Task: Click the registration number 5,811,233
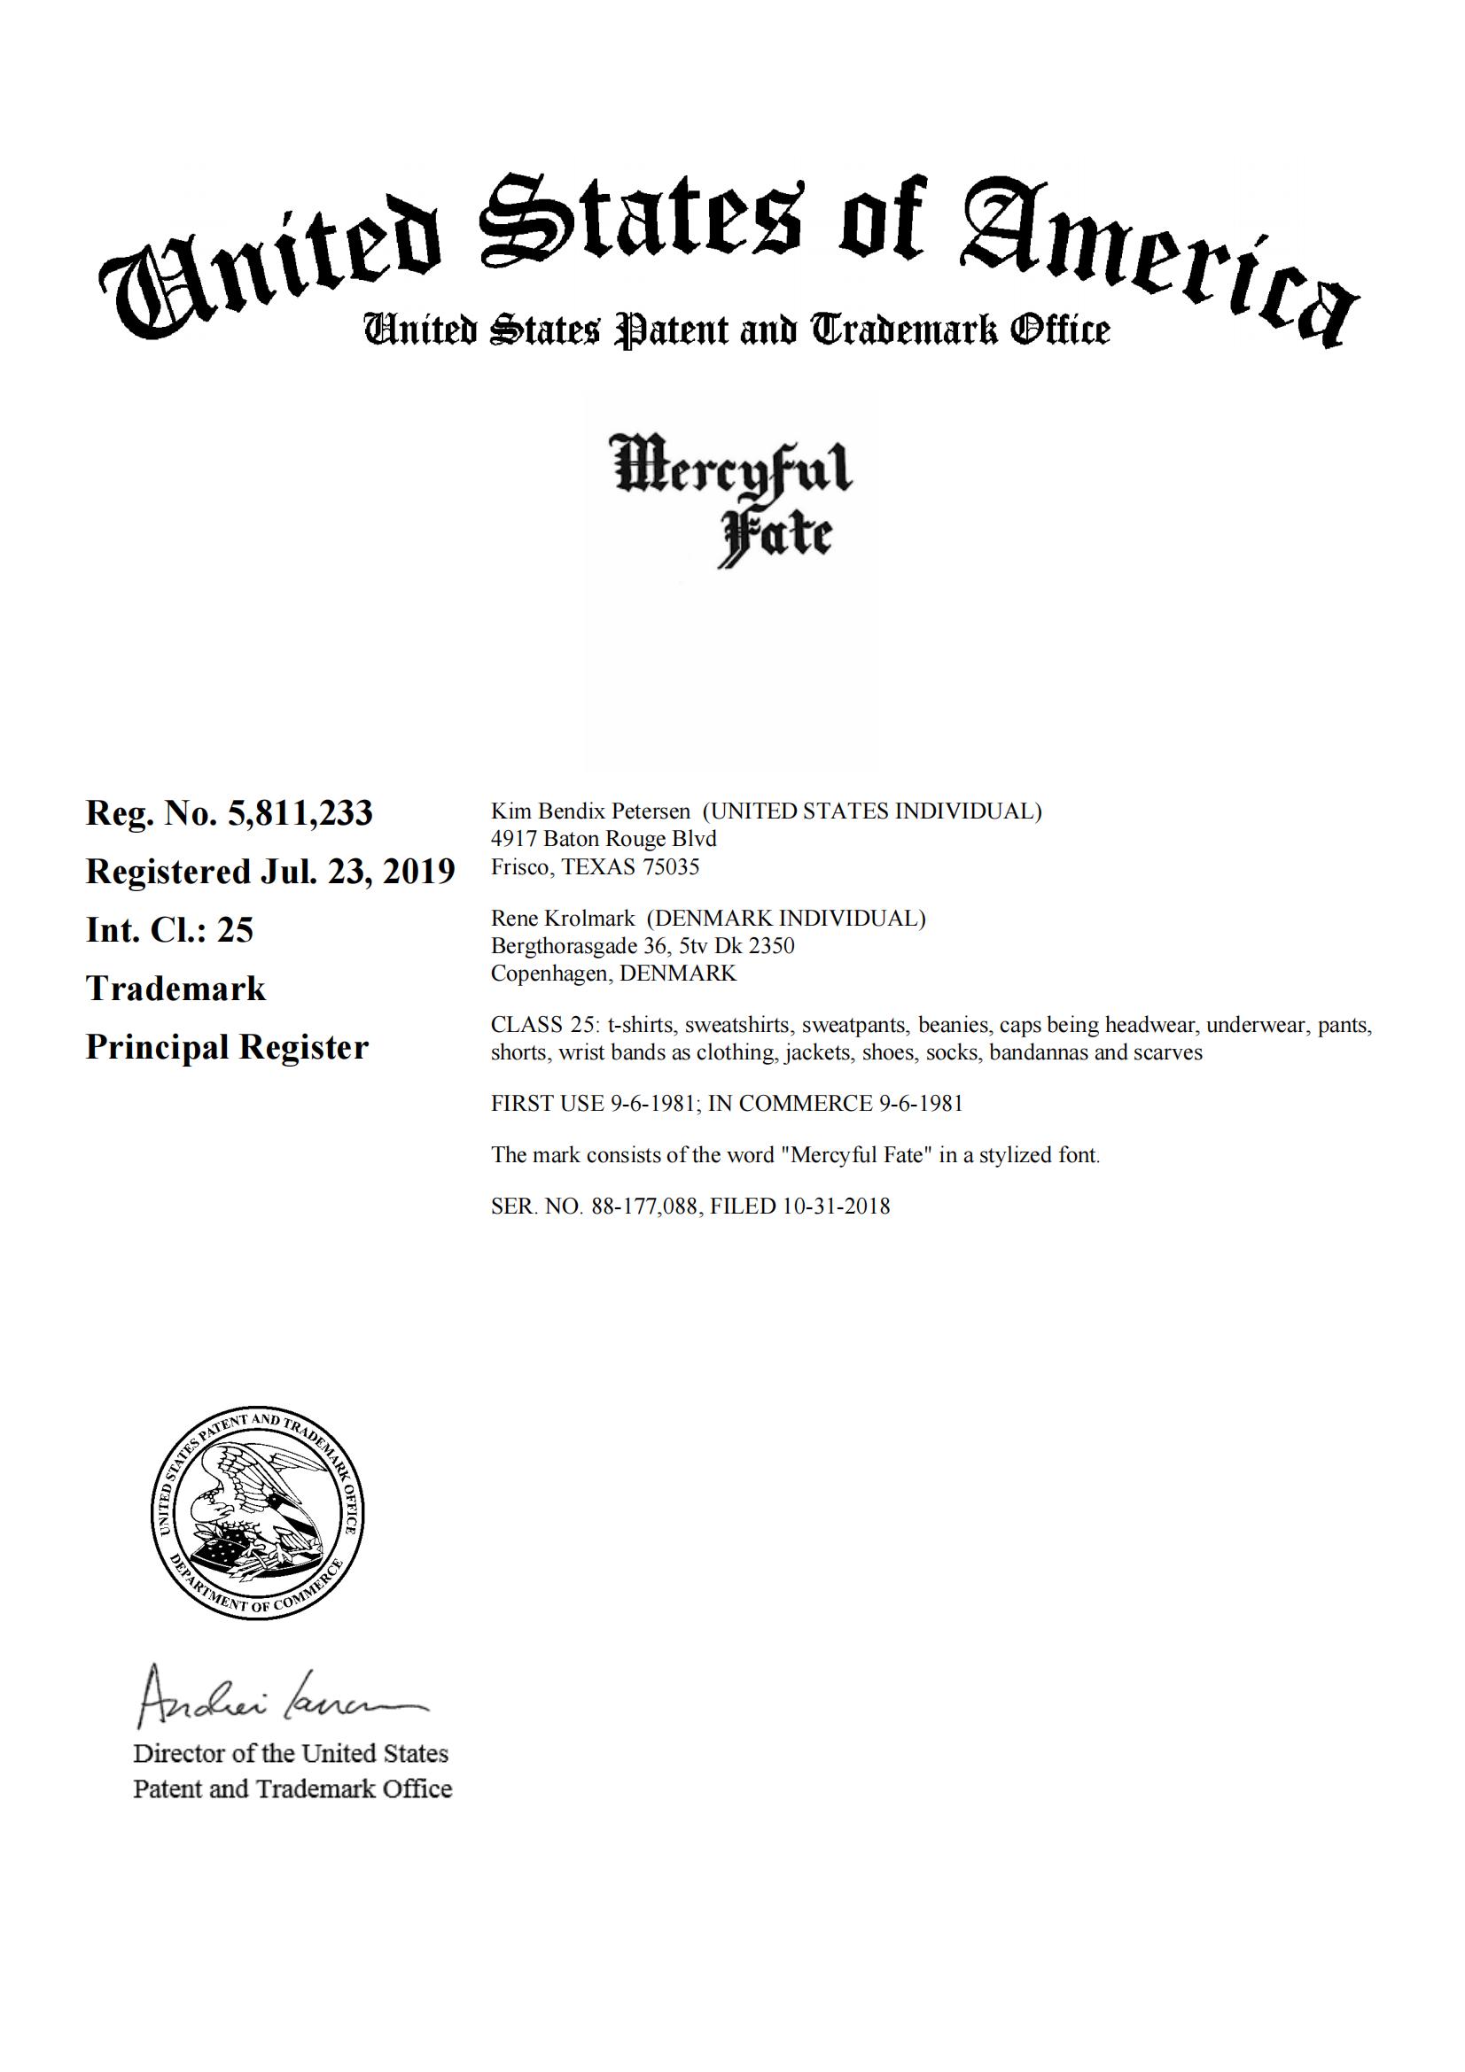point(300,814)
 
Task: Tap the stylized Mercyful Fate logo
point(732,499)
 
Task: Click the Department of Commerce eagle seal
point(257,1513)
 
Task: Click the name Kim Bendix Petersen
point(590,811)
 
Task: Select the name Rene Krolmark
point(563,919)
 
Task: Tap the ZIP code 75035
point(671,867)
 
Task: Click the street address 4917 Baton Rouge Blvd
point(604,839)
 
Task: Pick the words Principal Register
point(228,1048)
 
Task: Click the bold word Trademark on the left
point(176,989)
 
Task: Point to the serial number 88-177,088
point(644,1207)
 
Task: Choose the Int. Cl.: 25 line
point(169,930)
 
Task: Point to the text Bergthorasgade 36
point(578,946)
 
